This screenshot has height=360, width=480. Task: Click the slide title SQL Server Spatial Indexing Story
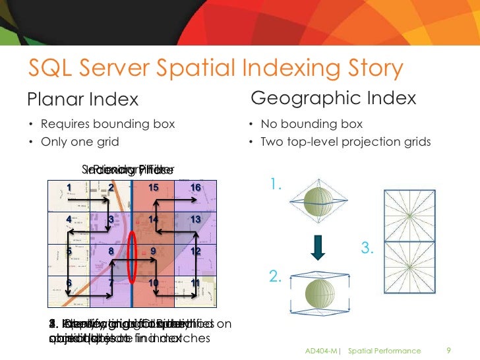215,69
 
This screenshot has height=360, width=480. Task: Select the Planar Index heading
82,99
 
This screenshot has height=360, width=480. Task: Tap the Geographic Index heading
334,98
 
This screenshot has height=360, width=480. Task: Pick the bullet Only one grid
81,141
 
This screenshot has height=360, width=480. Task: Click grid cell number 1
69,188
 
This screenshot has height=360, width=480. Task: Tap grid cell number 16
195,188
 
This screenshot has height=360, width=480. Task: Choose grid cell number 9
152,251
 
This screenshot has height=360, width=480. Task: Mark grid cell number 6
69,283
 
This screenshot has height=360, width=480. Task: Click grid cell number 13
195,219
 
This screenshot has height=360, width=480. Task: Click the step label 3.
367,249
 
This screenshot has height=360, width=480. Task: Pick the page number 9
448,351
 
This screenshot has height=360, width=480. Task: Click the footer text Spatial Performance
384,351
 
